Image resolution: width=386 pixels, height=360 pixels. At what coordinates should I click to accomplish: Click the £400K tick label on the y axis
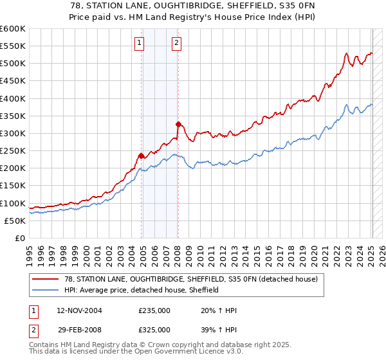(x=13, y=98)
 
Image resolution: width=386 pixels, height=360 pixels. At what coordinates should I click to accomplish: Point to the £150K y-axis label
(x=13, y=186)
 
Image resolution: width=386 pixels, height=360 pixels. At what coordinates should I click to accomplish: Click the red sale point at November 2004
(x=142, y=156)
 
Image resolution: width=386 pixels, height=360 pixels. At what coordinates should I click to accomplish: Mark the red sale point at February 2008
(x=179, y=124)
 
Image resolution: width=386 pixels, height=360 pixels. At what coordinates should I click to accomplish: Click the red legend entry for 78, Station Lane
(x=190, y=279)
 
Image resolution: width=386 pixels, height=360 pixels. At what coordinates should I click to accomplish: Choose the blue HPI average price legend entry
(x=142, y=290)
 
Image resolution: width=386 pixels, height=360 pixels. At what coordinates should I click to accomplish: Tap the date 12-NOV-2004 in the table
(x=79, y=310)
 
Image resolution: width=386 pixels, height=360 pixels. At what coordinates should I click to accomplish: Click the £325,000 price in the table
(x=154, y=329)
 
